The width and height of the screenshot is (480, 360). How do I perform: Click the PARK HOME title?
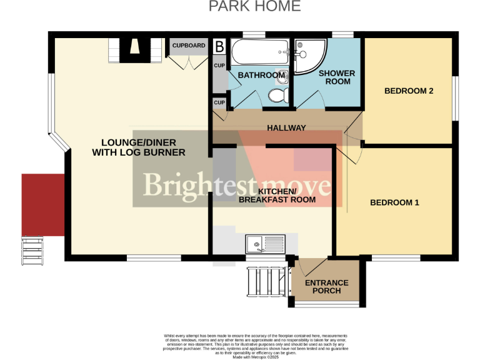tap(254, 7)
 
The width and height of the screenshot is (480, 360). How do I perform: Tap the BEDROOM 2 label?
tap(409, 91)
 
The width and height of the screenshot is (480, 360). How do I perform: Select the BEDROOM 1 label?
tap(394, 202)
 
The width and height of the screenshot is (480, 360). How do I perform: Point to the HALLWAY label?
tap(286, 128)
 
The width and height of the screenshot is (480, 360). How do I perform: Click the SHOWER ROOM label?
tap(337, 77)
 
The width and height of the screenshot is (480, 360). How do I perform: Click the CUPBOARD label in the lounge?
tap(189, 46)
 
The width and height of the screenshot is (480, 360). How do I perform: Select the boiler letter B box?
tap(219, 46)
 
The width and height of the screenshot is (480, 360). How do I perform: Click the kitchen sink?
tap(265, 243)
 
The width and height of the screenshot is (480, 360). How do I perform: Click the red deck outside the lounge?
tap(43, 205)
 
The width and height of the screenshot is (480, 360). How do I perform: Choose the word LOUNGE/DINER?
tap(139, 143)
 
